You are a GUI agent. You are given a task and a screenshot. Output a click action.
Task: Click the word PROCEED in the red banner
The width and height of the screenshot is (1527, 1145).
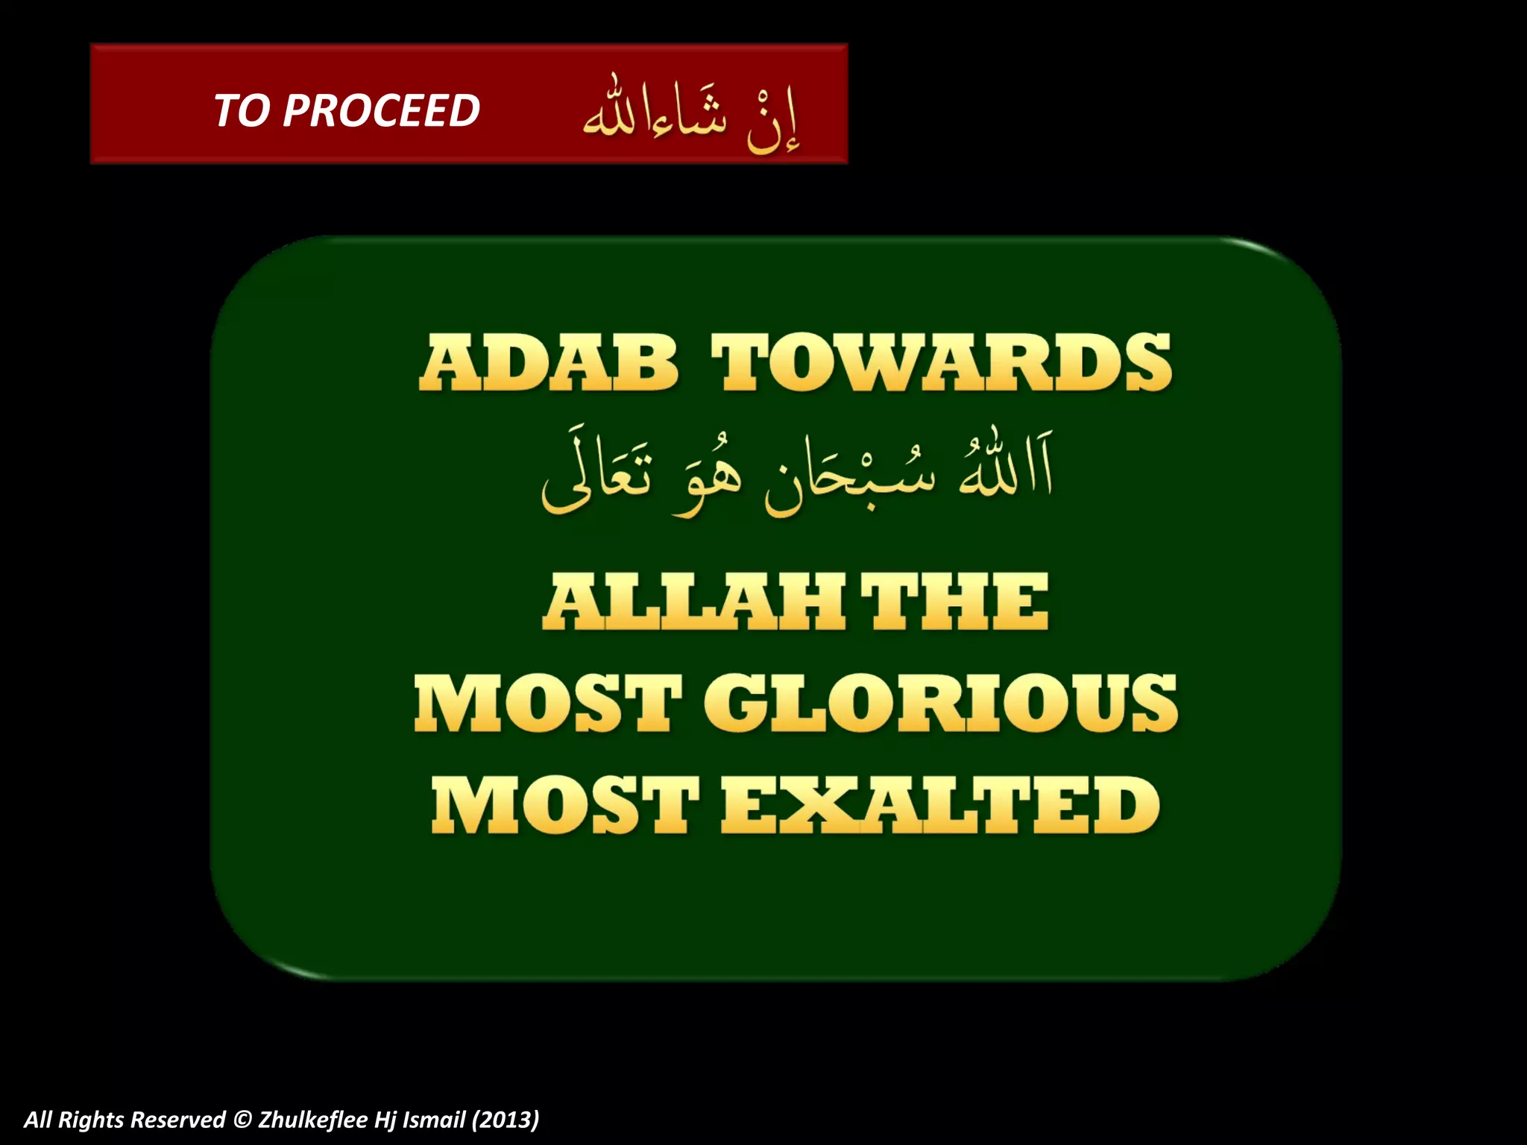[381, 111]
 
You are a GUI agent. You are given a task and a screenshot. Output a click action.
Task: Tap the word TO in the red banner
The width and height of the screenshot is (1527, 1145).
[242, 111]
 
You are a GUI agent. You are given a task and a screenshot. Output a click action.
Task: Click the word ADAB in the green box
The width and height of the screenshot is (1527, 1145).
[549, 363]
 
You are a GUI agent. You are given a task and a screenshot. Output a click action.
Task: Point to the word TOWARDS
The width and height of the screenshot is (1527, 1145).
[941, 363]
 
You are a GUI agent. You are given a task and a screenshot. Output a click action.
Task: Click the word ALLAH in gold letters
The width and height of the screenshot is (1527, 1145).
[693, 602]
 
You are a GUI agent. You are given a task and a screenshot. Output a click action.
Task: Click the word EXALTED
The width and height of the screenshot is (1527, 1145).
[941, 805]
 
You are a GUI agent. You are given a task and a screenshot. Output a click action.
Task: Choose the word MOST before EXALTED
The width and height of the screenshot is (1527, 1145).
[564, 805]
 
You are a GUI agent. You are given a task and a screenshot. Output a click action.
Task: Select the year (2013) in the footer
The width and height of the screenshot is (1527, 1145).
[505, 1120]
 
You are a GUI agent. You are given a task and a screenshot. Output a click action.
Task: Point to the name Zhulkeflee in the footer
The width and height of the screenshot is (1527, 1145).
[312, 1120]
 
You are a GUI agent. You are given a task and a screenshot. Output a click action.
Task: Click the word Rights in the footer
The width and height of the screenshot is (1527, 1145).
[91, 1120]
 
